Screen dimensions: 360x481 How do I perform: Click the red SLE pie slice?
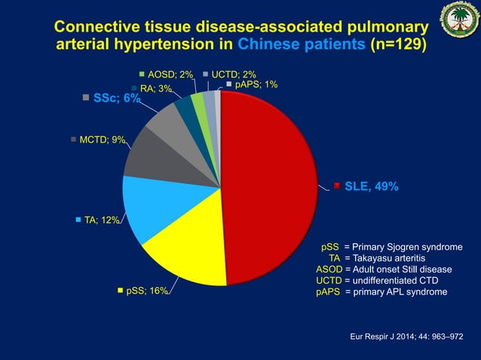268,188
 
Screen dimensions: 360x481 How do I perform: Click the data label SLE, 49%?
371,187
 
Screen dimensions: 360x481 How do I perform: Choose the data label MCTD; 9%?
102,139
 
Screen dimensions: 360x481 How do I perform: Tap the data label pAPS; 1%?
256,84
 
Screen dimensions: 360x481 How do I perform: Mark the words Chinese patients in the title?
301,44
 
